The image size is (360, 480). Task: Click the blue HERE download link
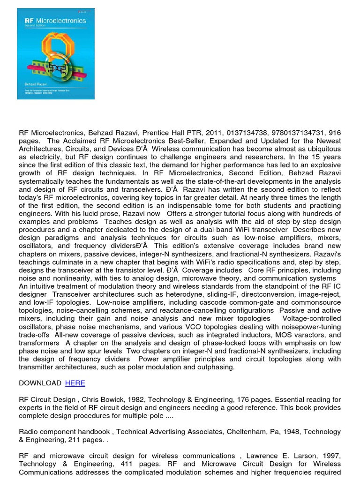(75, 383)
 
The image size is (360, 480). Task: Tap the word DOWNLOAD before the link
(40, 383)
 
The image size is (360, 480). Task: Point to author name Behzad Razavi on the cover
(32, 82)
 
